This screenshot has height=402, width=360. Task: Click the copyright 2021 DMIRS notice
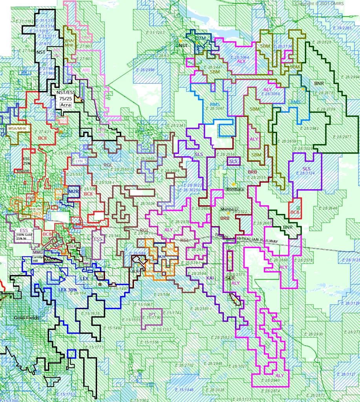pyautogui.click(x=324, y=4)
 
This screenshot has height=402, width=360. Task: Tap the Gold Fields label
pyautogui.click(x=27, y=318)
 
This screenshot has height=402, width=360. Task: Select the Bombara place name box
pyautogui.click(x=235, y=189)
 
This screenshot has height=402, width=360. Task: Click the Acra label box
pyautogui.click(x=66, y=105)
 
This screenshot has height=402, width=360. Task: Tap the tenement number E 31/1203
pyautogui.click(x=154, y=33)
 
